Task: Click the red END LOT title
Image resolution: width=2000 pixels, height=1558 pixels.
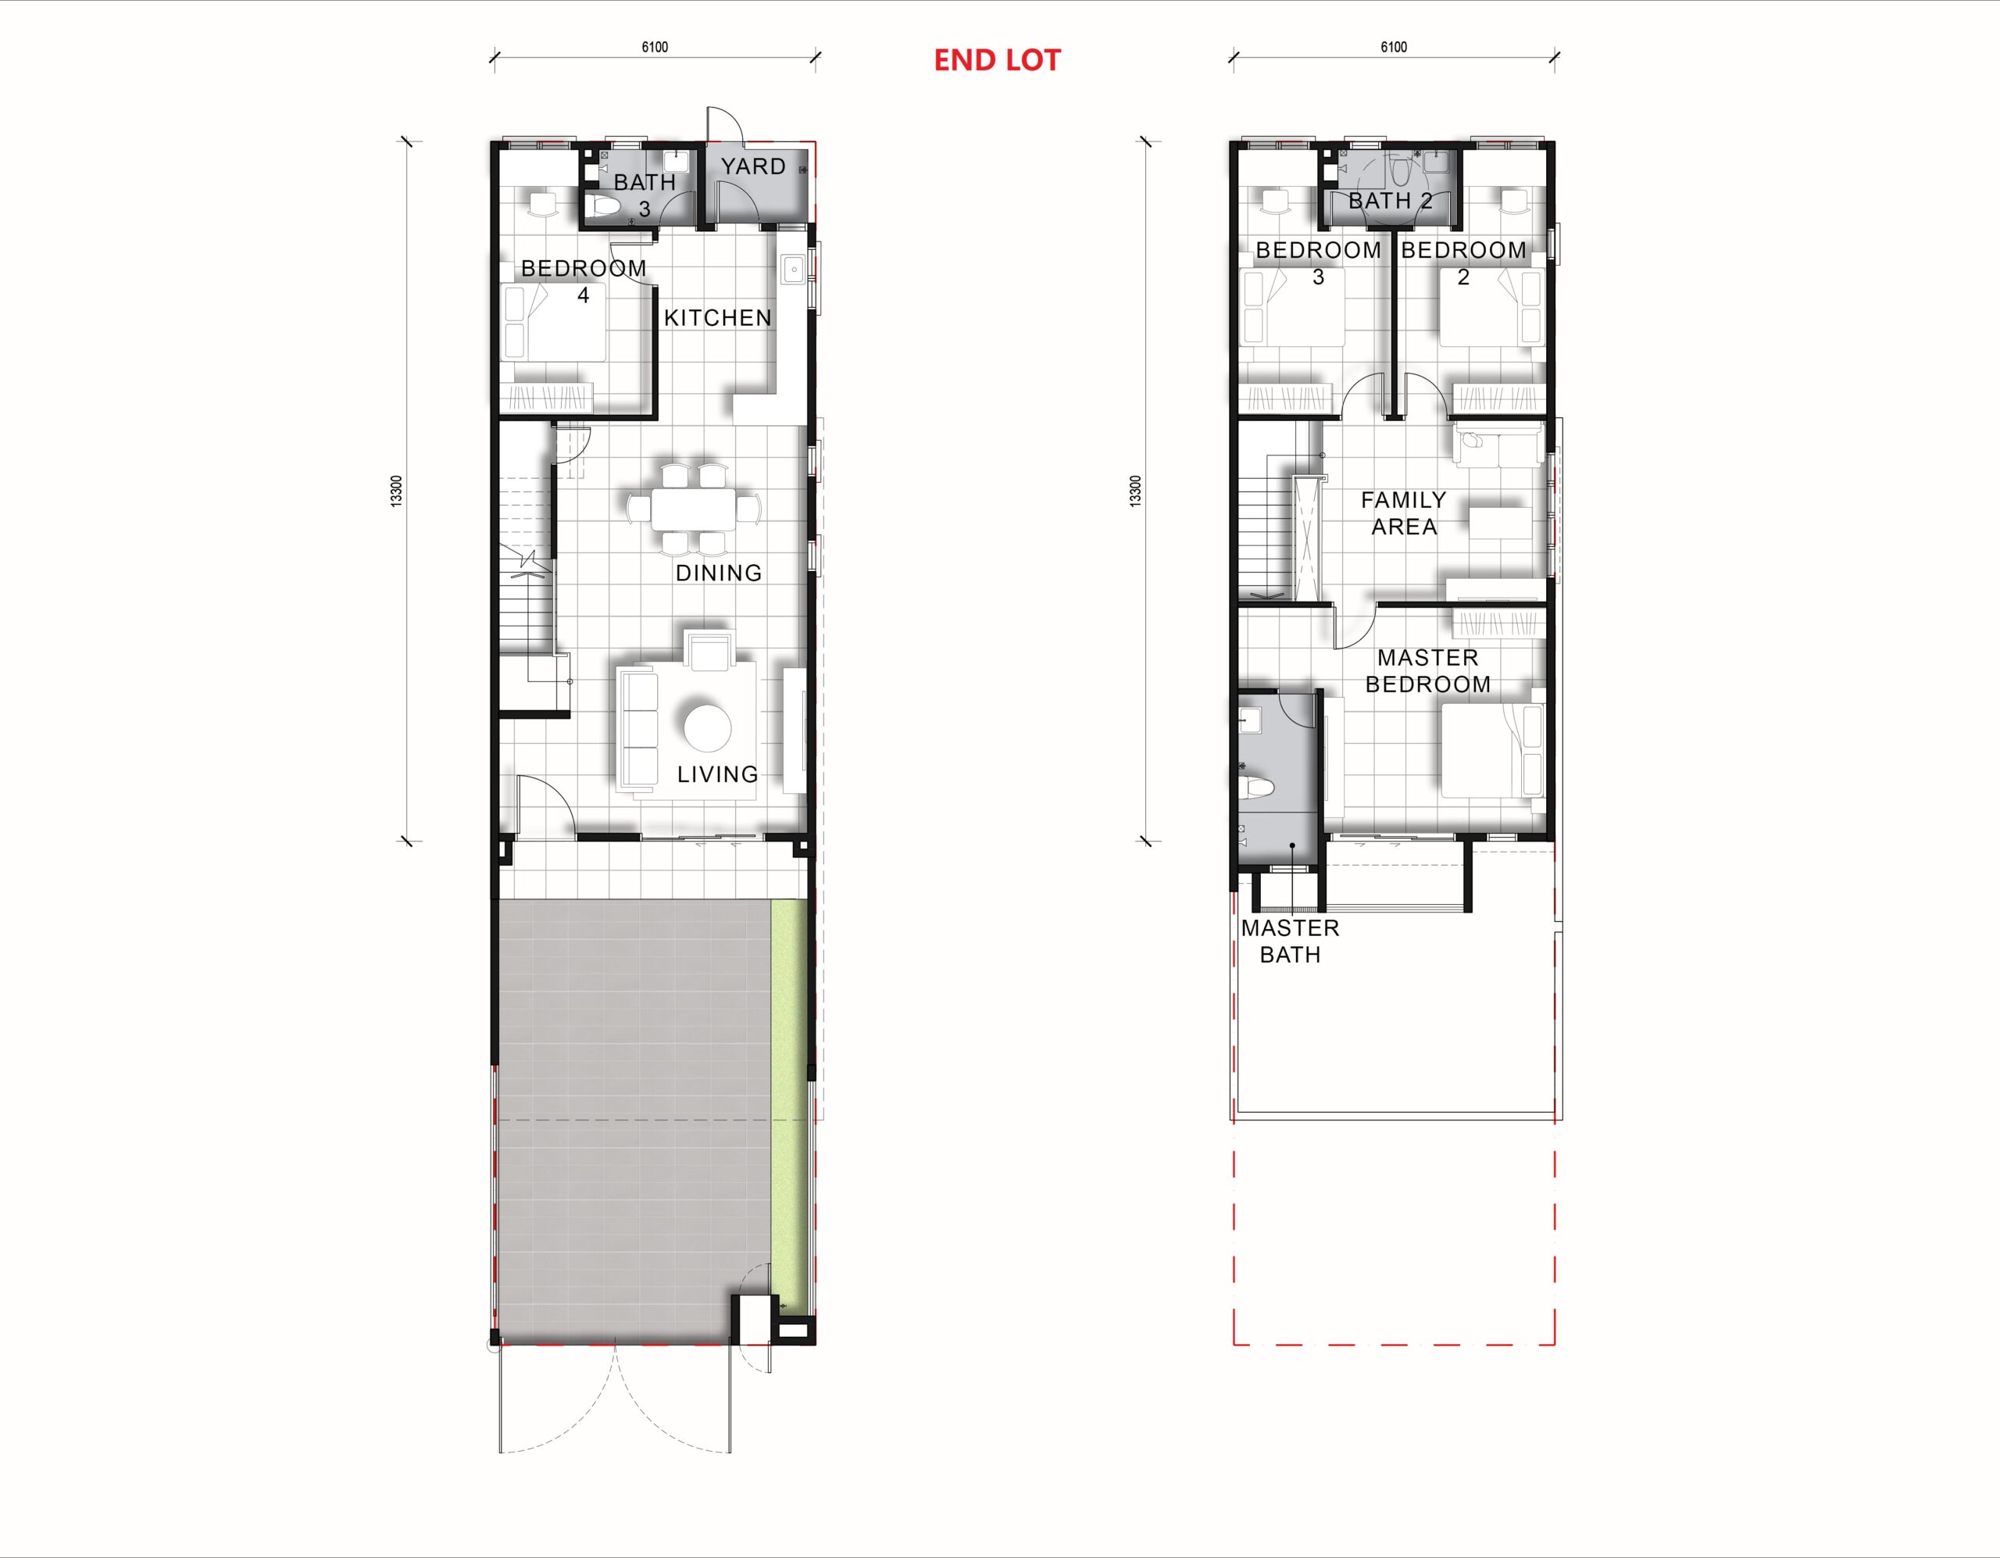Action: [997, 60]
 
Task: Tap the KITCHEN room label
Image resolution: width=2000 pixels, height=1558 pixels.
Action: [718, 318]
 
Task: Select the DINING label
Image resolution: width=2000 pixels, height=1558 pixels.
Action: [719, 573]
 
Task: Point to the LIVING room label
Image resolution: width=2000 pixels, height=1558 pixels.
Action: [718, 774]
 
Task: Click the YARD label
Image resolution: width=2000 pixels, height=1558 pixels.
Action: [753, 166]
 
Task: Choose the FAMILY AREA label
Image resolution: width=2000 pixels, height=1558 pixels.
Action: [1404, 513]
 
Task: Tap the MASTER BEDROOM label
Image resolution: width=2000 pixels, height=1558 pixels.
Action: [1427, 670]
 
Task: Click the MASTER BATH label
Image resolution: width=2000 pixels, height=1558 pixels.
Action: [1291, 941]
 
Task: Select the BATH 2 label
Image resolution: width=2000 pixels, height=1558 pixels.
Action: [1390, 200]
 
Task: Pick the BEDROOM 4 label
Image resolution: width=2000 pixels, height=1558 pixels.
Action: [584, 281]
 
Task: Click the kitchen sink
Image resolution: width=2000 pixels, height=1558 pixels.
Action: [792, 270]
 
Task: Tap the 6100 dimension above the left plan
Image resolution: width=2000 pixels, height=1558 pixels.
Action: [655, 48]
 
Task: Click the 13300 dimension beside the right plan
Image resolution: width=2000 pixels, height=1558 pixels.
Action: [1135, 491]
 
